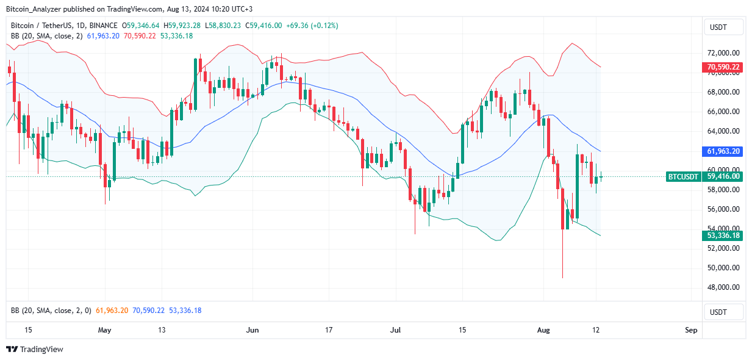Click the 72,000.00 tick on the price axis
click(x=723, y=53)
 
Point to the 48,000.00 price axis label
click(x=723, y=287)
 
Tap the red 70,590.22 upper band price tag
click(x=723, y=67)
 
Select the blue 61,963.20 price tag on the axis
click(x=723, y=151)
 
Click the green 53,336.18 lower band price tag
click(x=723, y=236)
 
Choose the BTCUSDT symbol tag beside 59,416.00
click(x=683, y=176)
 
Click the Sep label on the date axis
click(x=690, y=330)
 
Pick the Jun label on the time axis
click(x=252, y=330)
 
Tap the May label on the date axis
click(x=105, y=330)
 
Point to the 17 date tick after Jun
click(x=329, y=330)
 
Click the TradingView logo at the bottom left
click(x=35, y=350)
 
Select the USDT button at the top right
click(x=723, y=27)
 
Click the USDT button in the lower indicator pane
click(x=723, y=312)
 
